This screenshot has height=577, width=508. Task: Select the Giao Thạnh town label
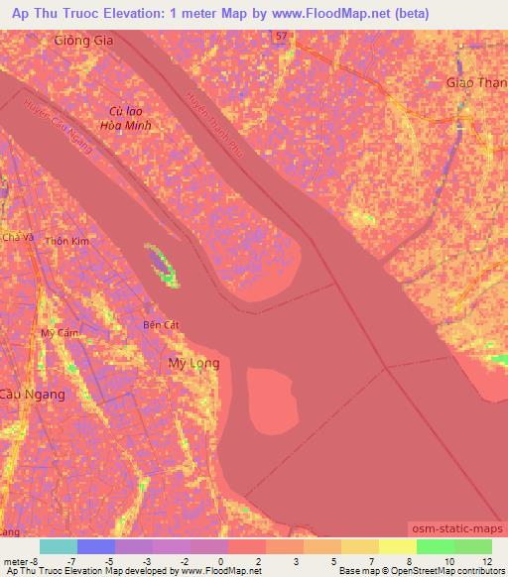pos(477,83)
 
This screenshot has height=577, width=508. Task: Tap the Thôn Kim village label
pos(66,241)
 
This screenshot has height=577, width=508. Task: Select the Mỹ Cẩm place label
pos(60,333)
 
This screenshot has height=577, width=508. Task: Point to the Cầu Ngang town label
pos(34,394)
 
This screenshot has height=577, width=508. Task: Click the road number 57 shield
pos(283,36)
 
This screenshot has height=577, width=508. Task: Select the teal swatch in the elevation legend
pos(59,546)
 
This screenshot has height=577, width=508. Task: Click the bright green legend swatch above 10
pos(436,546)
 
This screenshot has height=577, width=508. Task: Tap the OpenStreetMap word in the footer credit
pos(409,571)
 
